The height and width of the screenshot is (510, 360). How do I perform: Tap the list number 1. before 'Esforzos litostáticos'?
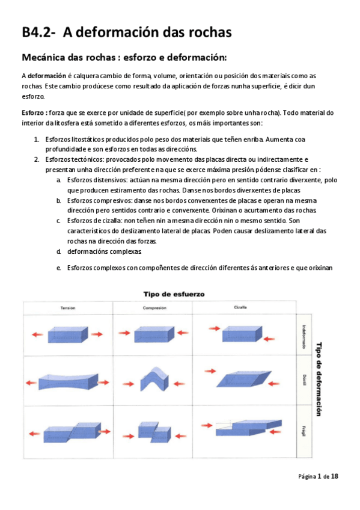37,140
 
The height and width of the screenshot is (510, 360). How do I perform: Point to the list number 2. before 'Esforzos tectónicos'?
37,159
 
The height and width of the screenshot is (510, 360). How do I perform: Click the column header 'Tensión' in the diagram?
67,308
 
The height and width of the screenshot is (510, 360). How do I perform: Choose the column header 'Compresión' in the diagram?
154,308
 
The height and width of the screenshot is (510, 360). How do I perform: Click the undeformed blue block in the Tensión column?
67,334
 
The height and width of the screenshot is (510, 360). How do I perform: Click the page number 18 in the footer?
335,476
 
